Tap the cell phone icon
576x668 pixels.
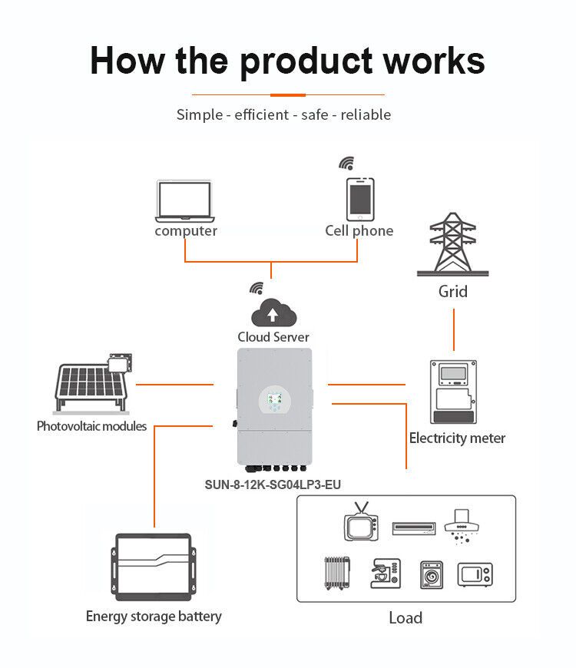359,199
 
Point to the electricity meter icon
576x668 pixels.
457,391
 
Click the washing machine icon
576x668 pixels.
431,574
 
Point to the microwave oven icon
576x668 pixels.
475,574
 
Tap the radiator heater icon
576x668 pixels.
335,574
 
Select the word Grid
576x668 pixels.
452,292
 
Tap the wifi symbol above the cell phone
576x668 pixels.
347,164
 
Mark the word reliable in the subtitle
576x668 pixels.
366,115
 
